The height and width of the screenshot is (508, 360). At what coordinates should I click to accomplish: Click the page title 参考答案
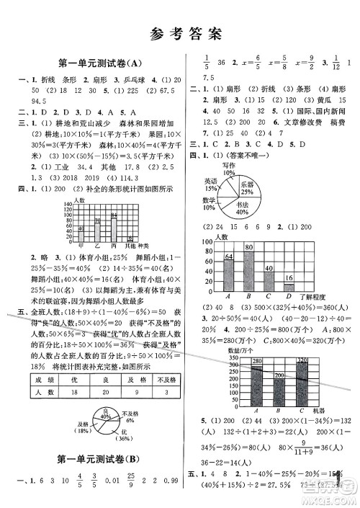point(179,32)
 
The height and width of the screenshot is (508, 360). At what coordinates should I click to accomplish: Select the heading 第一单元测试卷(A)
point(94,63)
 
